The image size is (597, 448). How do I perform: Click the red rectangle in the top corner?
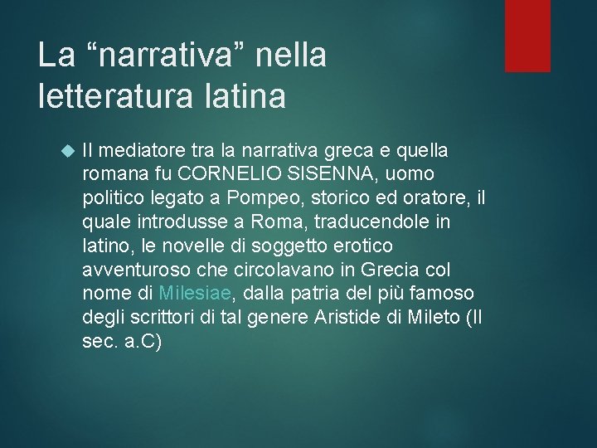[x=527, y=35]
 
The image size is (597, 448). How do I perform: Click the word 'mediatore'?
[x=142, y=151]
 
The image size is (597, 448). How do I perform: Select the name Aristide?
[x=356, y=318]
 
